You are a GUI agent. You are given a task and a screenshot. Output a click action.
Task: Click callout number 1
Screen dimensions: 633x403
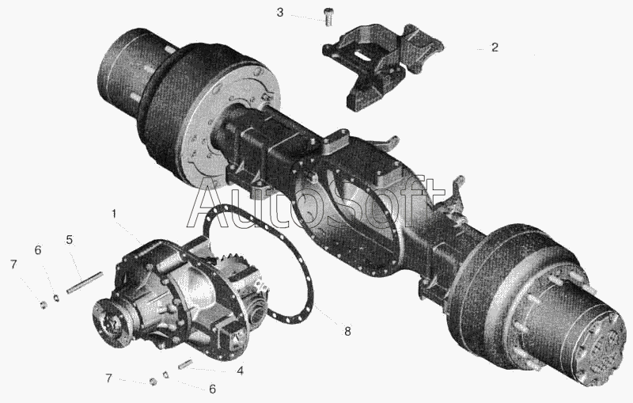click(x=114, y=213)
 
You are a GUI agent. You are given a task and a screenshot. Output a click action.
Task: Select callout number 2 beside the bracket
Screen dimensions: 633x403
click(x=495, y=48)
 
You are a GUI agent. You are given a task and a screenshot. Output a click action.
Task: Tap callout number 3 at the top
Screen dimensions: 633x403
click(x=280, y=13)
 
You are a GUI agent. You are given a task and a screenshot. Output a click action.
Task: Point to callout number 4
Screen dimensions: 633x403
click(x=241, y=371)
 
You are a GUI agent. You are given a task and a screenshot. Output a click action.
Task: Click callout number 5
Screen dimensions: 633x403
click(x=70, y=240)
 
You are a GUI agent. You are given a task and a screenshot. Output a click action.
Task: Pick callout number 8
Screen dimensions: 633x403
click(x=347, y=332)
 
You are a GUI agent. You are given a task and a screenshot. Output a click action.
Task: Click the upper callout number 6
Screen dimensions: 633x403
click(x=37, y=250)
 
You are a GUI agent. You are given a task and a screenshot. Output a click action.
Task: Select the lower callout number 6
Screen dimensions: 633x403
click(x=212, y=389)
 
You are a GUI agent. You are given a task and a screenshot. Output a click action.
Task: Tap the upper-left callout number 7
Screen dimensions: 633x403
click(x=13, y=264)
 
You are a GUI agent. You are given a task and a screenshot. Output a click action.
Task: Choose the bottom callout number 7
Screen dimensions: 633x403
click(x=108, y=378)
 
